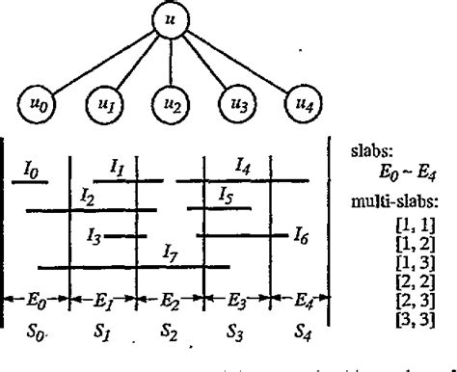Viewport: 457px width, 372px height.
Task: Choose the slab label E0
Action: point(37,300)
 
